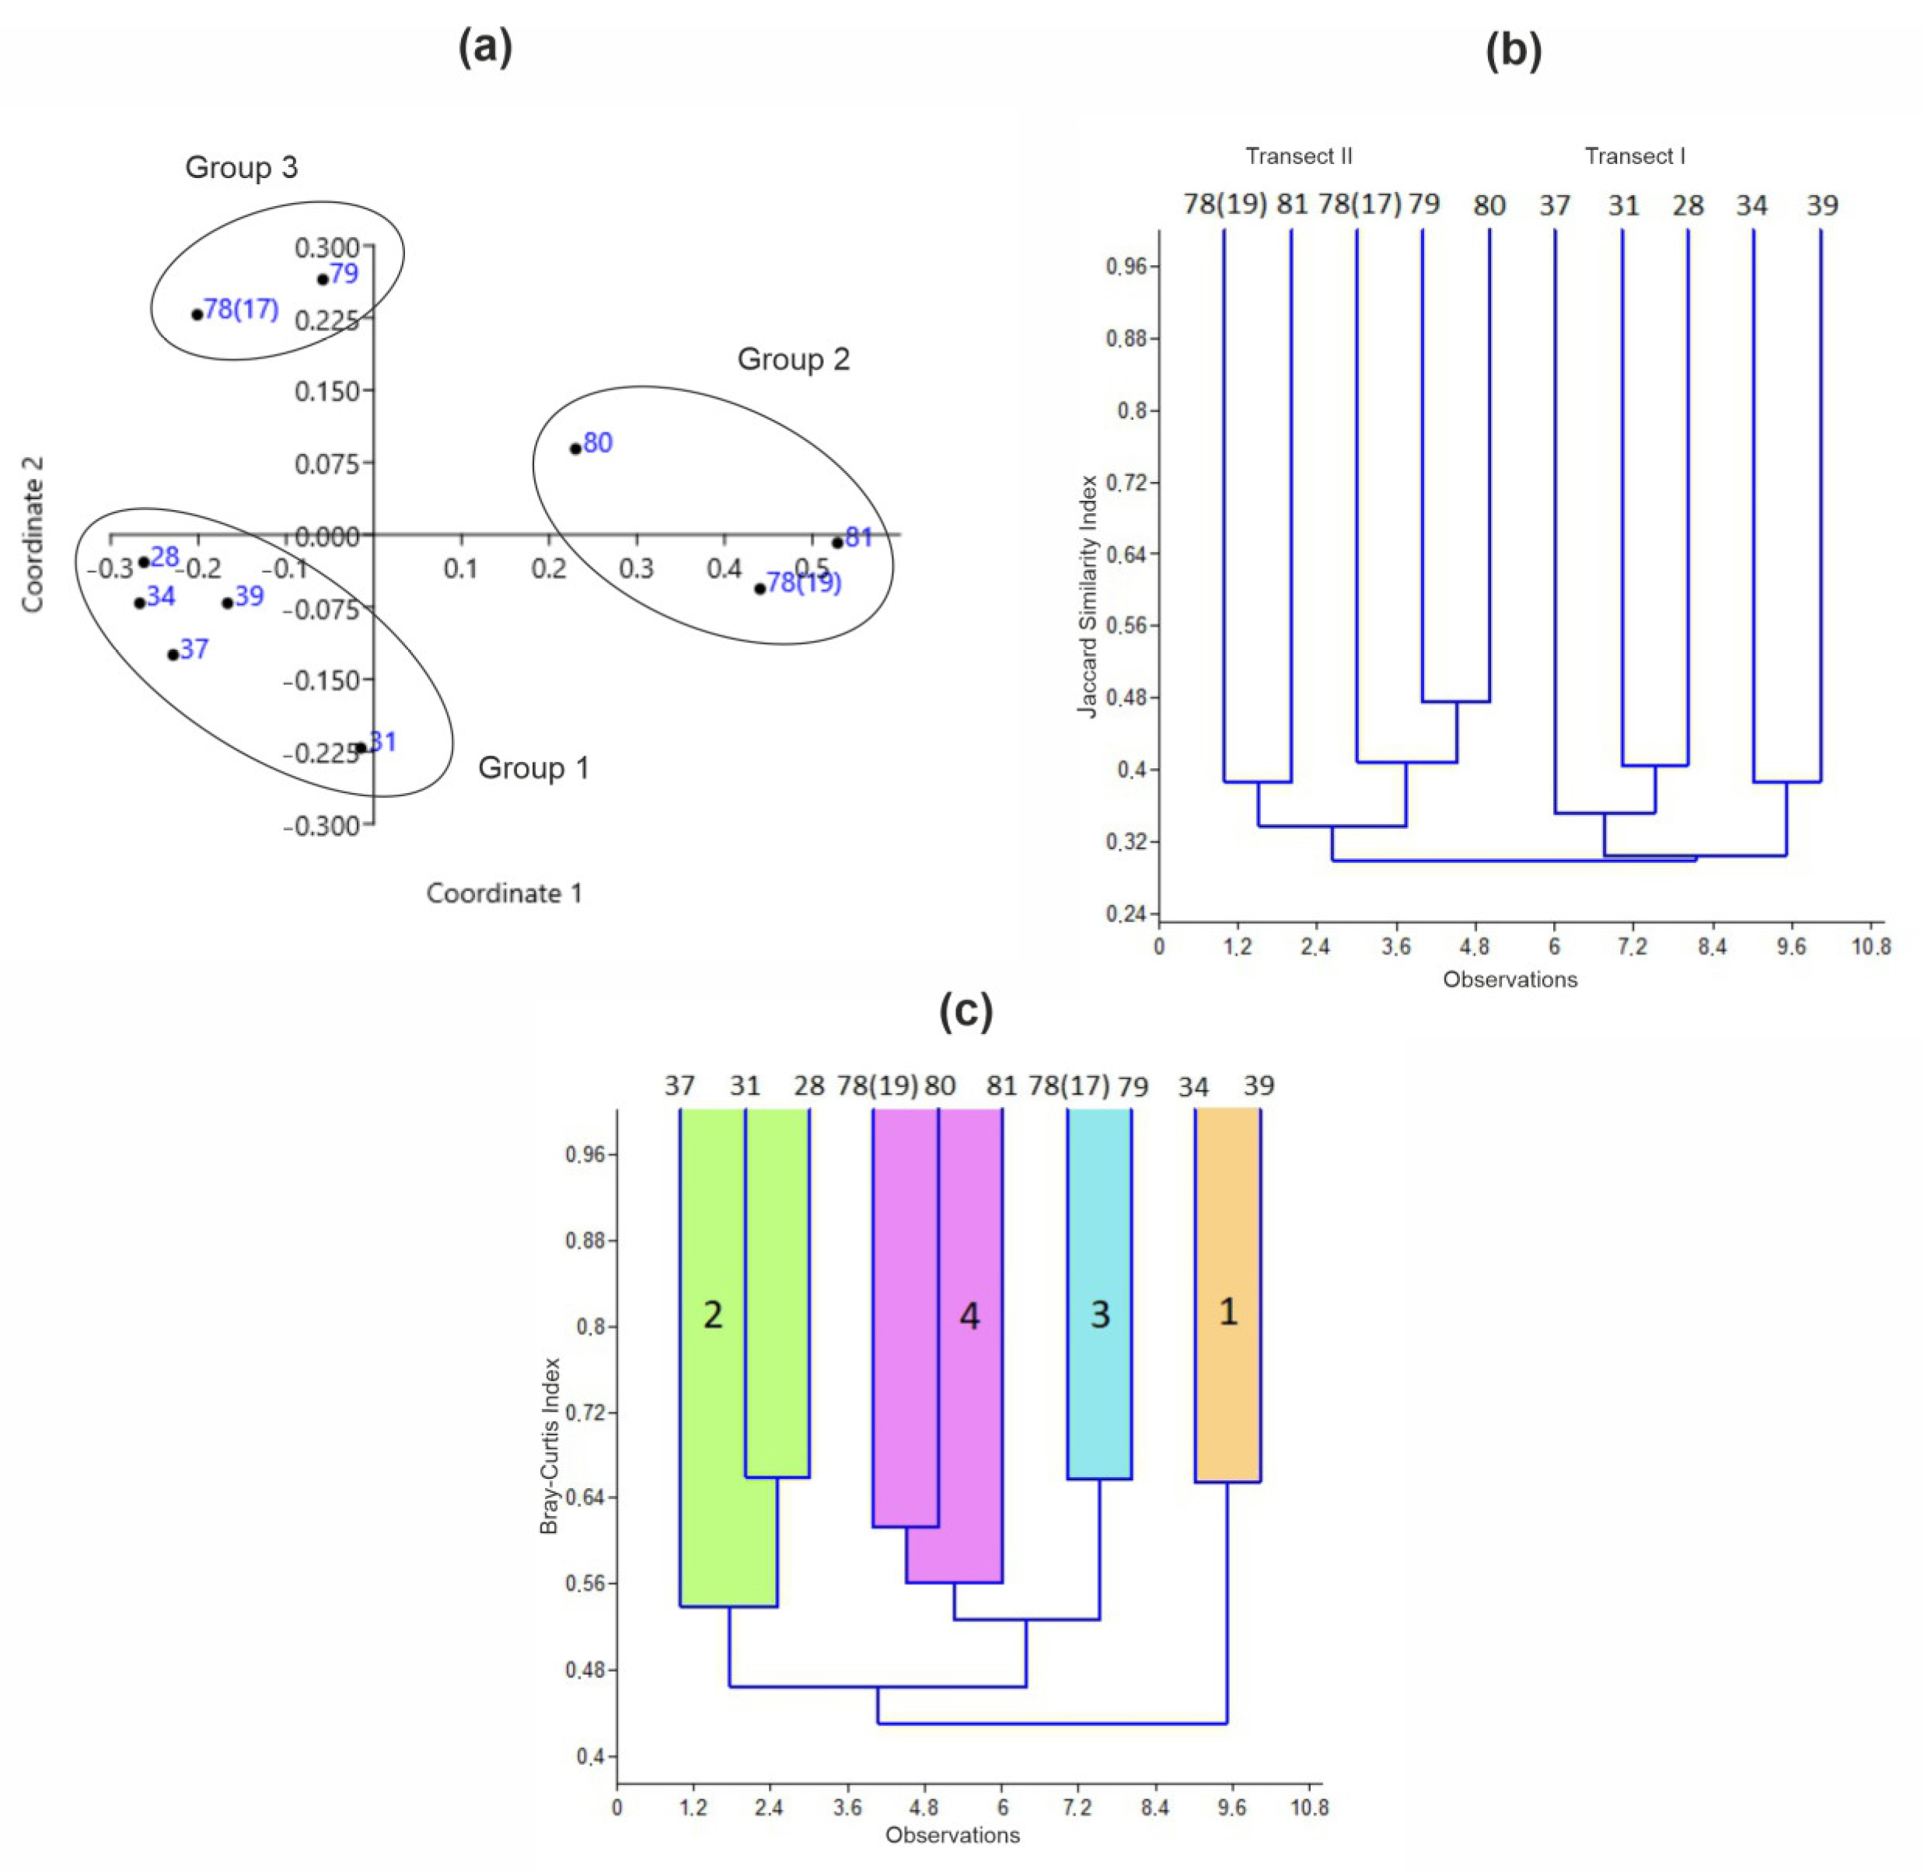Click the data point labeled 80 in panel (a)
[575, 449]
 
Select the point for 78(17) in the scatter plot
[197, 315]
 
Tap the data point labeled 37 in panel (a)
[173, 654]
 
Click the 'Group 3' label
[241, 167]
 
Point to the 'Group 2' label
[793, 359]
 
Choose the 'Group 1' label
[533, 767]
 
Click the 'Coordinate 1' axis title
[504, 893]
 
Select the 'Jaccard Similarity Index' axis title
[1087, 596]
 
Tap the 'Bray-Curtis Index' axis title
[549, 1446]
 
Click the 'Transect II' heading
[1298, 156]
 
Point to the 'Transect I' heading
[1635, 156]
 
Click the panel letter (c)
[966, 1010]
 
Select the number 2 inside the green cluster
[713, 1316]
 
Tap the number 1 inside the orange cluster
[1227, 1312]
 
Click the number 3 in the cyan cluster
[1100, 1316]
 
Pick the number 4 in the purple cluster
[970, 1316]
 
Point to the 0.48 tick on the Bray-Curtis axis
[585, 1669]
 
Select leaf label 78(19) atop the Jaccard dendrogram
[1224, 204]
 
